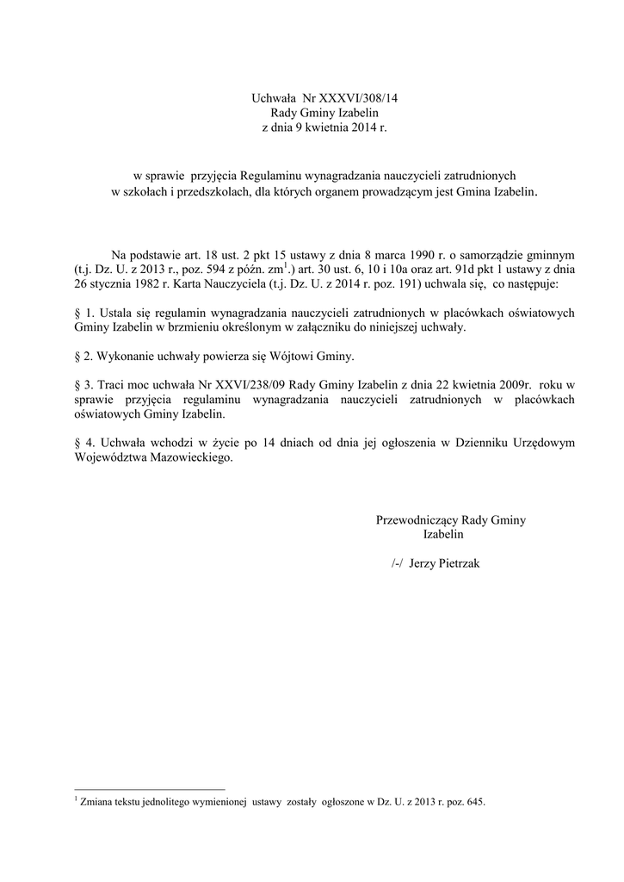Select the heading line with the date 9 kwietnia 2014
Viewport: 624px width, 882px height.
coord(313,127)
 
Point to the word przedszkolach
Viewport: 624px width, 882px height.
coord(201,191)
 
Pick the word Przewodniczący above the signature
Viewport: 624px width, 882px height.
coord(417,520)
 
